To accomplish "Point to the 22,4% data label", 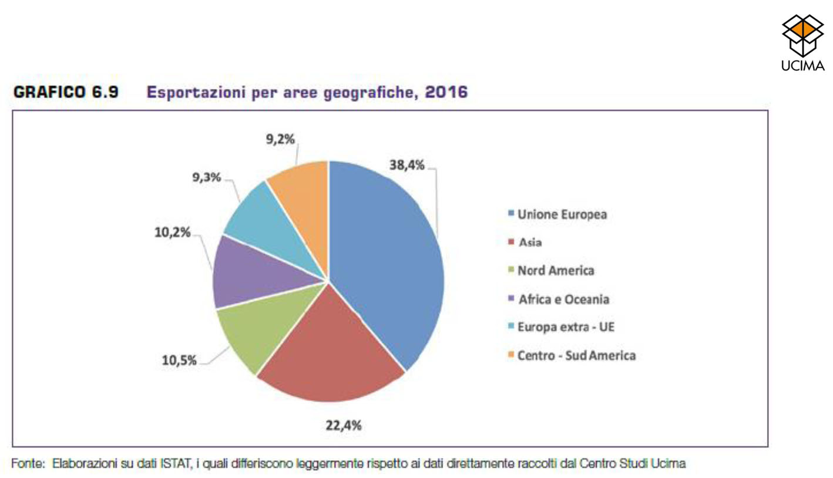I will pos(344,425).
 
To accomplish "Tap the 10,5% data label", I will pos(179,360).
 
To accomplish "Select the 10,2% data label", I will pos(173,233).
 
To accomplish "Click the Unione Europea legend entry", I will pos(561,215).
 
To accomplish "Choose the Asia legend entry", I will pos(529,243).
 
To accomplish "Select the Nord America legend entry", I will pos(555,271).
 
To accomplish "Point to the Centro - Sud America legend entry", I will pos(576,356).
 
